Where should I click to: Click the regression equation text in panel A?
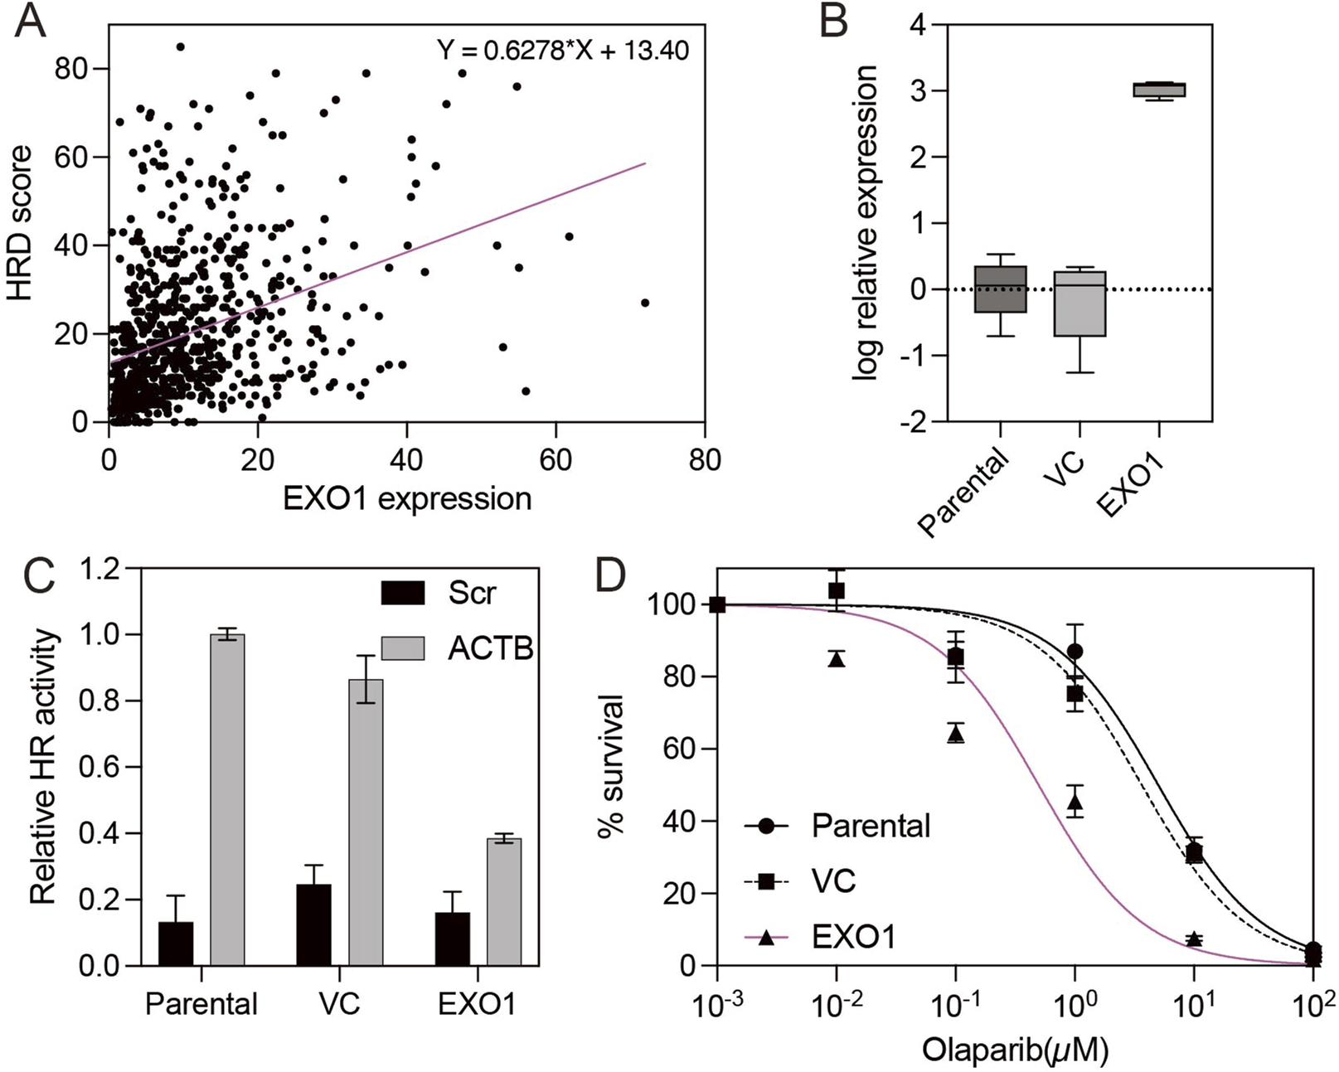pyautogui.click(x=563, y=51)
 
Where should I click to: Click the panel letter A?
pyautogui.click(x=29, y=22)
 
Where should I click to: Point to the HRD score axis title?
pyautogui.click(x=21, y=224)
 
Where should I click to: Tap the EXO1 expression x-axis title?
pyautogui.click(x=406, y=499)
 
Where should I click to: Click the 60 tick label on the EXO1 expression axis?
pyautogui.click(x=555, y=460)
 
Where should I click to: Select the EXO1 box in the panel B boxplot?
pyautogui.click(x=1158, y=90)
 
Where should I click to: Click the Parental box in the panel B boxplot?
pyautogui.click(x=1001, y=289)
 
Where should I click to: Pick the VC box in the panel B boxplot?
pyautogui.click(x=1079, y=303)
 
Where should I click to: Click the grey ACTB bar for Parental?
pyautogui.click(x=228, y=800)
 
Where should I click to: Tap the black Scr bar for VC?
pyautogui.click(x=313, y=925)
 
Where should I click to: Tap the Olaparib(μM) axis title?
pyautogui.click(x=1015, y=1050)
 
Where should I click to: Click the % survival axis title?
pyautogui.click(x=614, y=767)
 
